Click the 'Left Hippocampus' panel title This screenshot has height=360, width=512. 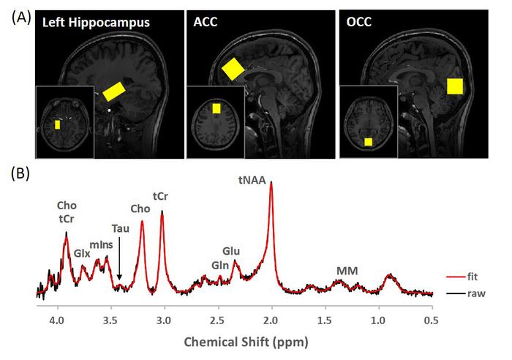tap(96, 23)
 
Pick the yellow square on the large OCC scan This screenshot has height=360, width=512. tap(455, 87)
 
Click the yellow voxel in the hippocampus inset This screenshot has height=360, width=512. tap(58, 124)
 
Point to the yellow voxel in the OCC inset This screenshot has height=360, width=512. tap(369, 140)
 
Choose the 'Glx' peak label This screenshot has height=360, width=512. tap(81, 252)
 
